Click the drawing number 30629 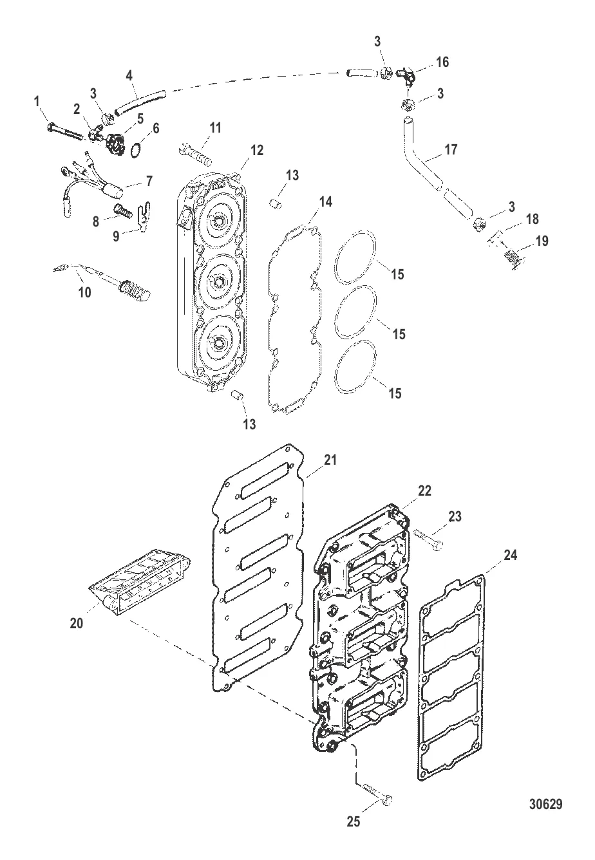(545, 803)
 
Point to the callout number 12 (256, 150)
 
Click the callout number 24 (510, 555)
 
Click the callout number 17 (451, 149)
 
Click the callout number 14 (326, 201)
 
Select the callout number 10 (84, 292)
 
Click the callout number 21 (330, 460)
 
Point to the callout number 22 (424, 491)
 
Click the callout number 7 (149, 181)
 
